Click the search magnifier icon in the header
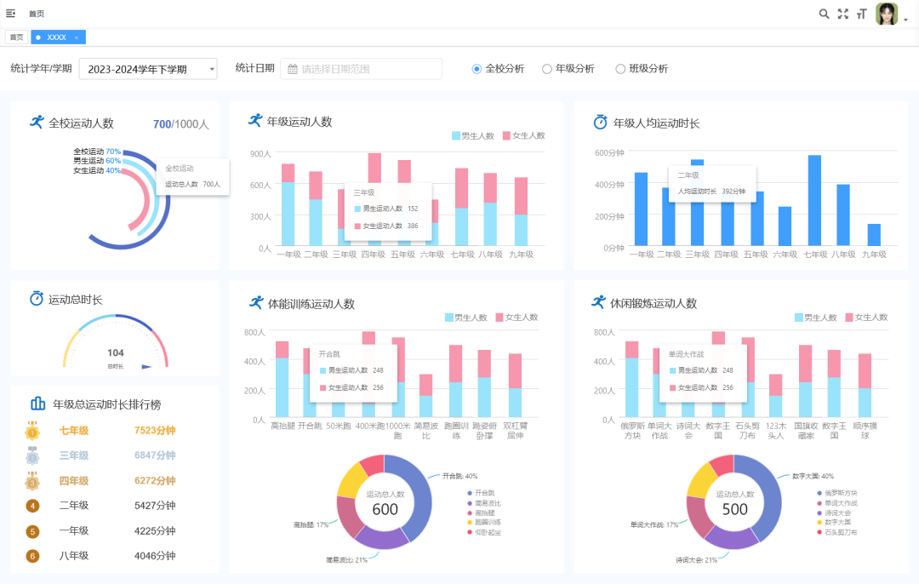(x=824, y=14)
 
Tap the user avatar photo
(x=887, y=14)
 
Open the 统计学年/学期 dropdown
(x=147, y=69)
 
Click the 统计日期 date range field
(x=361, y=69)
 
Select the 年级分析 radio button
(x=547, y=69)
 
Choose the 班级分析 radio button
(x=620, y=69)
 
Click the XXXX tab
(x=57, y=37)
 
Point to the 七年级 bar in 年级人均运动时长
(x=814, y=201)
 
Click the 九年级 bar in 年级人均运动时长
(x=874, y=235)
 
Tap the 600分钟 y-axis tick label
(x=609, y=153)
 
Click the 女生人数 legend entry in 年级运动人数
(x=523, y=135)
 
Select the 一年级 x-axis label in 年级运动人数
(x=288, y=254)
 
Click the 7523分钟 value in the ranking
(x=155, y=431)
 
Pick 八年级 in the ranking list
(x=74, y=556)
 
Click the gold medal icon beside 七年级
(x=32, y=431)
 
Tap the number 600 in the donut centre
(x=385, y=509)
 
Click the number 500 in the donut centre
(x=734, y=509)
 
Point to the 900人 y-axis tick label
(x=260, y=154)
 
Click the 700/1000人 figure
(x=180, y=124)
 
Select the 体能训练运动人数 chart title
(x=311, y=304)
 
